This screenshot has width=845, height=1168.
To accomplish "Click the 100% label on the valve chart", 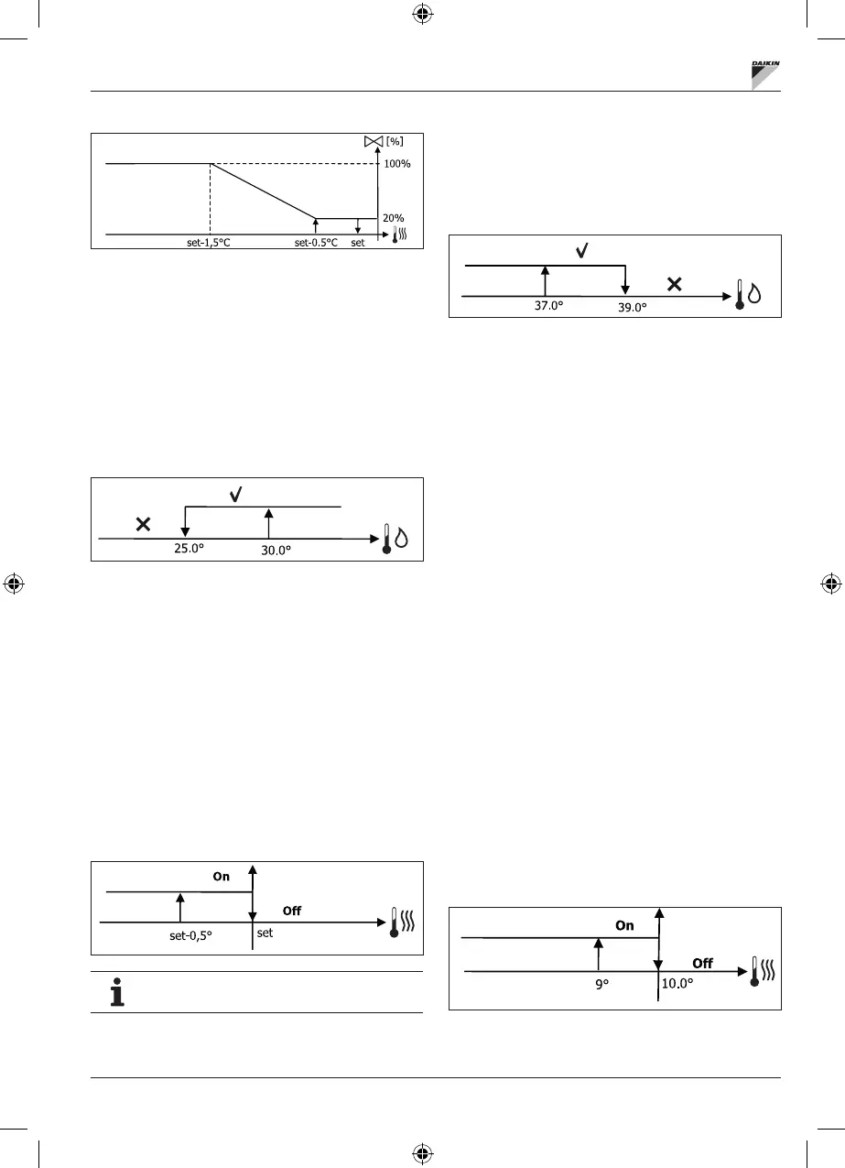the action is [x=397, y=164].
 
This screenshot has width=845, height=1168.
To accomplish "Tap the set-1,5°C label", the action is [x=210, y=243].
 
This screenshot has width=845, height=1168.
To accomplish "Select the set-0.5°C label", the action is [x=316, y=243].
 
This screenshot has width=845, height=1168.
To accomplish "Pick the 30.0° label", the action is [x=269, y=551].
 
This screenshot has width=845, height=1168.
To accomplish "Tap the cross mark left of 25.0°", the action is [x=143, y=525].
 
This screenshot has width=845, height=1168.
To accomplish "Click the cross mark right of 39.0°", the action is [x=674, y=284].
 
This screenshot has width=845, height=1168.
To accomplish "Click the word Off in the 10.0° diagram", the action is [x=702, y=964].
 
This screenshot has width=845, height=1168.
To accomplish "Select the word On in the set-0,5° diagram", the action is [x=222, y=877].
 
